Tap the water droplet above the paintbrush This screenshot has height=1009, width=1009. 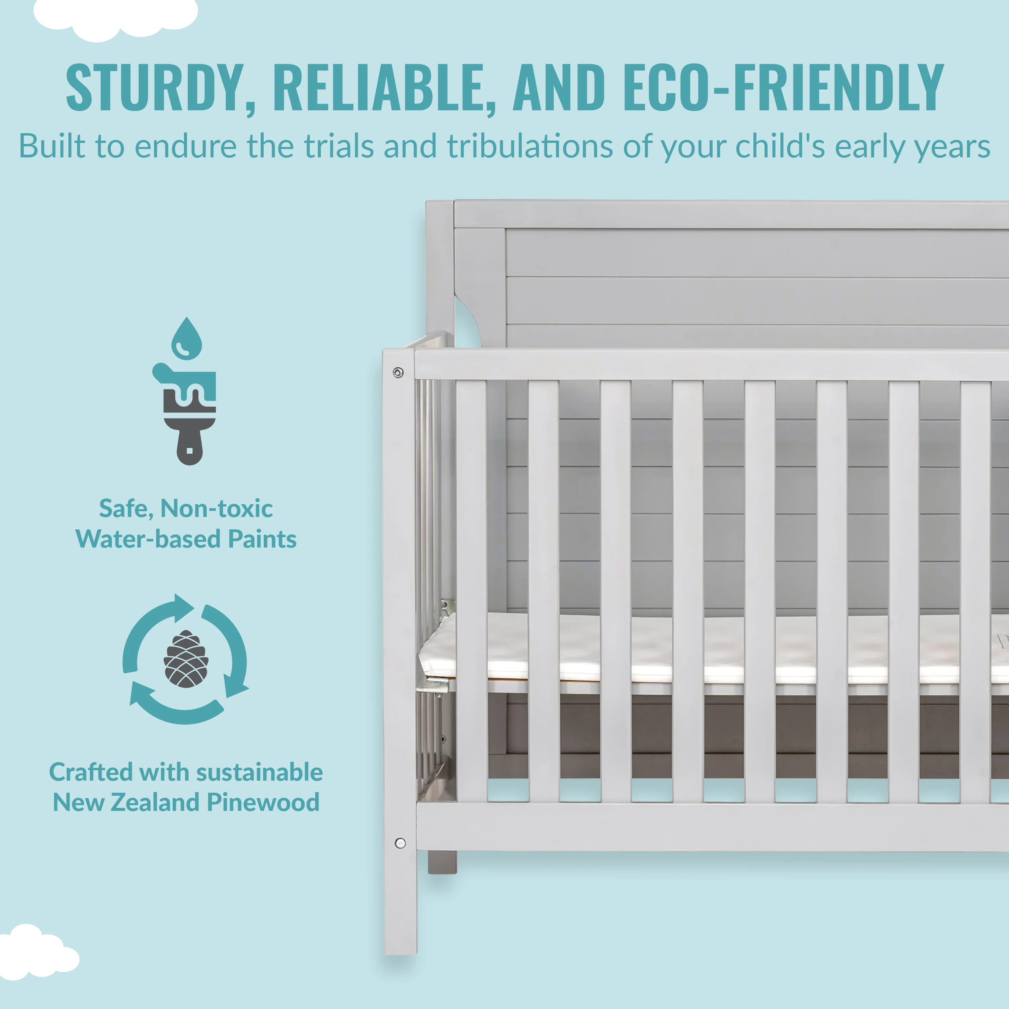[186, 338]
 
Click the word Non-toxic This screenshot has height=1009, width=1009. [216, 509]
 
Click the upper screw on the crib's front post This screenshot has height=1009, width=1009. [398, 372]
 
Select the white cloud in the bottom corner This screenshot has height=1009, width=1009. [37, 954]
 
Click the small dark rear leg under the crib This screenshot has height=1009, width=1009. [442, 862]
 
